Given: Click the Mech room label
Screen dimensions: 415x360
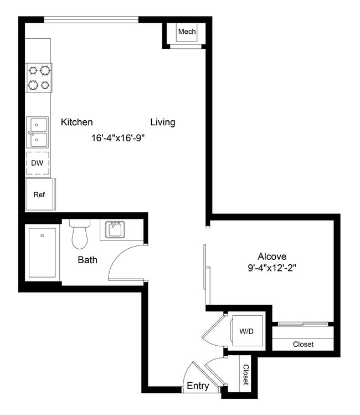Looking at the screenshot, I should point(187,32).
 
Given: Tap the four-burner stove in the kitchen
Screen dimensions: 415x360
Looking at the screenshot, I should point(39,78).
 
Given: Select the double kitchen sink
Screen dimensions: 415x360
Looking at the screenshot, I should point(38,132).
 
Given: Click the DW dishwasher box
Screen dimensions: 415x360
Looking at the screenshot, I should point(38,163).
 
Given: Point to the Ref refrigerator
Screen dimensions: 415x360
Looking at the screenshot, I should point(39,194).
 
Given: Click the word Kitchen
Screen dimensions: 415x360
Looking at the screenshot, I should point(76,122).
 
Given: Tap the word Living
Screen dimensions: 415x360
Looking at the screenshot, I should point(163,122).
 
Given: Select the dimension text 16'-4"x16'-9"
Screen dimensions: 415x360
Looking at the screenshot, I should point(119,138).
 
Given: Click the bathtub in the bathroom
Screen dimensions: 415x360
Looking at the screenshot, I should point(42,252).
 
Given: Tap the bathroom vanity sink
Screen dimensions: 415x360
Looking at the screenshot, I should point(115,229).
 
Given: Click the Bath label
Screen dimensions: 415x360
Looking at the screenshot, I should point(88,259).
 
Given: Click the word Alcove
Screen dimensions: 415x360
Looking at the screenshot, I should point(272,257).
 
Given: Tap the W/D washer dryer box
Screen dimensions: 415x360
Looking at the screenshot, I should point(246,331).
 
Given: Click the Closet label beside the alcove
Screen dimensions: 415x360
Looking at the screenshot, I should point(303,344).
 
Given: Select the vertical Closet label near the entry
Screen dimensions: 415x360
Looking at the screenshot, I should point(245,375).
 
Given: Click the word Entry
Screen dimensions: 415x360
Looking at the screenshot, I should point(198,386).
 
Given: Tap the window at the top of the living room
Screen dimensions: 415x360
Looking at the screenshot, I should point(91,20).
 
